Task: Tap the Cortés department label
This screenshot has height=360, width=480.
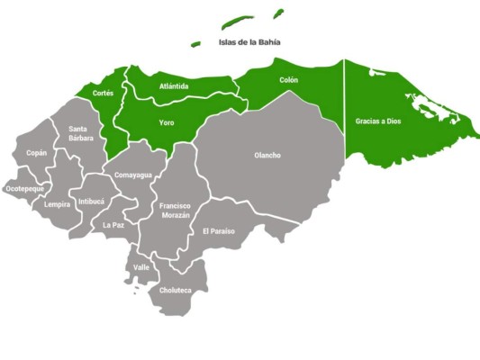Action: [x=103, y=93]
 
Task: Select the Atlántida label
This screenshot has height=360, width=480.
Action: [x=174, y=86]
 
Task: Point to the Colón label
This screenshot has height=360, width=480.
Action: [x=288, y=80]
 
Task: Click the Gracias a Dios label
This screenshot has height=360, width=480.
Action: [x=377, y=120]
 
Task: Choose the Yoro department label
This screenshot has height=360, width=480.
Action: [x=167, y=121]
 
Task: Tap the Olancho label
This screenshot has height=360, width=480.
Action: [x=267, y=155]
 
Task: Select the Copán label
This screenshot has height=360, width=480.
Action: [x=36, y=153]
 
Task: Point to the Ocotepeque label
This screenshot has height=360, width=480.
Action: [x=24, y=189]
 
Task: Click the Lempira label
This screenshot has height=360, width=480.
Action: [x=57, y=204]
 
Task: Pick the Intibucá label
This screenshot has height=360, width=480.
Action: [x=92, y=202]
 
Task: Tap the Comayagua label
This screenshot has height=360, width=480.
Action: [x=132, y=175]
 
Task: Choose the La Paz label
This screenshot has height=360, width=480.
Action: [x=113, y=225]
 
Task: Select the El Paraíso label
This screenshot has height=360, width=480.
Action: [x=218, y=231]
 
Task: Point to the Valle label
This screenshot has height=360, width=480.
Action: [x=141, y=267]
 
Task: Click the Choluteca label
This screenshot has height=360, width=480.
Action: [x=175, y=291]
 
